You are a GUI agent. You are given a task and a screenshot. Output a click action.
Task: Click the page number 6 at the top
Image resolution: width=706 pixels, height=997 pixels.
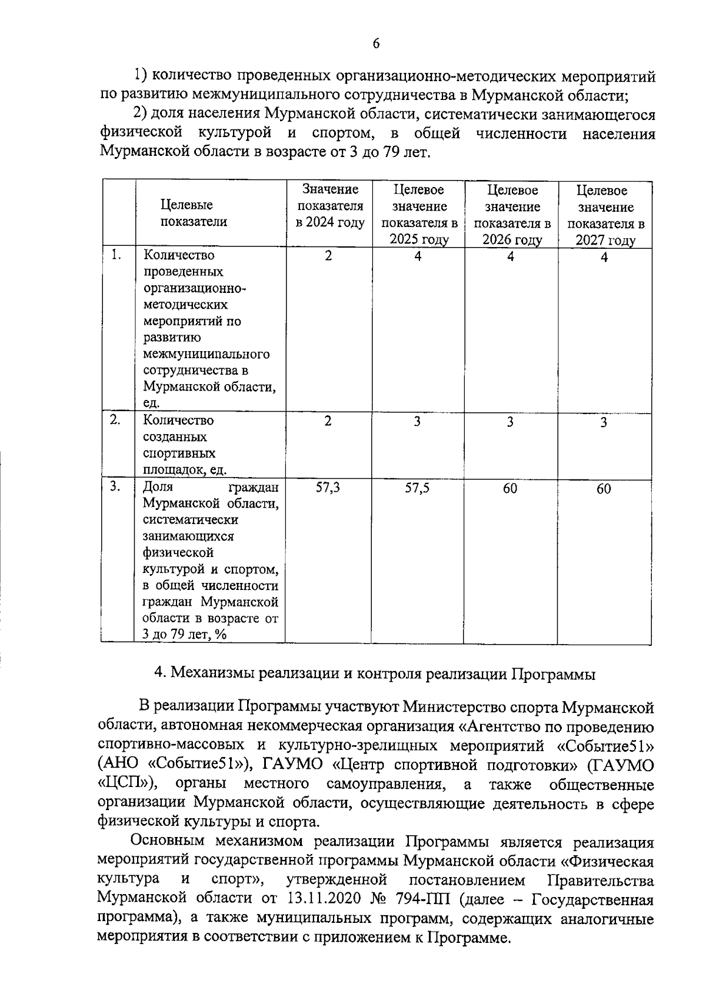(x=376, y=44)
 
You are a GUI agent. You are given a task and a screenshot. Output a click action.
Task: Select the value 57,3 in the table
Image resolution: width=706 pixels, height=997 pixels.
(x=328, y=488)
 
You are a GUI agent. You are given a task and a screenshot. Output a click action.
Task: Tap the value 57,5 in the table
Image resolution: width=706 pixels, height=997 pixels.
(x=417, y=488)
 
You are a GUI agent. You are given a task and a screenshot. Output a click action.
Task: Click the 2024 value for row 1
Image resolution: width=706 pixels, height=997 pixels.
(x=328, y=255)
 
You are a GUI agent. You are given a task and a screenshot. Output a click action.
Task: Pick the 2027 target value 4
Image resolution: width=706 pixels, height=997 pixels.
(x=604, y=258)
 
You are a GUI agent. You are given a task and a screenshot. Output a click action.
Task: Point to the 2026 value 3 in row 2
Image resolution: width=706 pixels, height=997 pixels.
(x=510, y=422)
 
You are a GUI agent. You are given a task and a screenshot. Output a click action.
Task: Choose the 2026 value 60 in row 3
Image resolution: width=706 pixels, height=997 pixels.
(x=510, y=488)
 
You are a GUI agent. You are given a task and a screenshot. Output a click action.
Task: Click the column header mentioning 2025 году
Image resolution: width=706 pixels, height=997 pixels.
(x=419, y=215)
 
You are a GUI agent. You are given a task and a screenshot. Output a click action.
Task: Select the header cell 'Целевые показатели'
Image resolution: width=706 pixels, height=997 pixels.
(x=194, y=213)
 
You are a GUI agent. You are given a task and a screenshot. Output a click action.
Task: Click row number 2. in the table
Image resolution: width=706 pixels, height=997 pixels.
(x=116, y=420)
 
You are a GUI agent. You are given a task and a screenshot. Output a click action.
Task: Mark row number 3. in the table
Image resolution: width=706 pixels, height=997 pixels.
(x=116, y=486)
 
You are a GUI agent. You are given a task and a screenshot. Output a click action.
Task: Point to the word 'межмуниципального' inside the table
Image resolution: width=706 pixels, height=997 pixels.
(x=207, y=354)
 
